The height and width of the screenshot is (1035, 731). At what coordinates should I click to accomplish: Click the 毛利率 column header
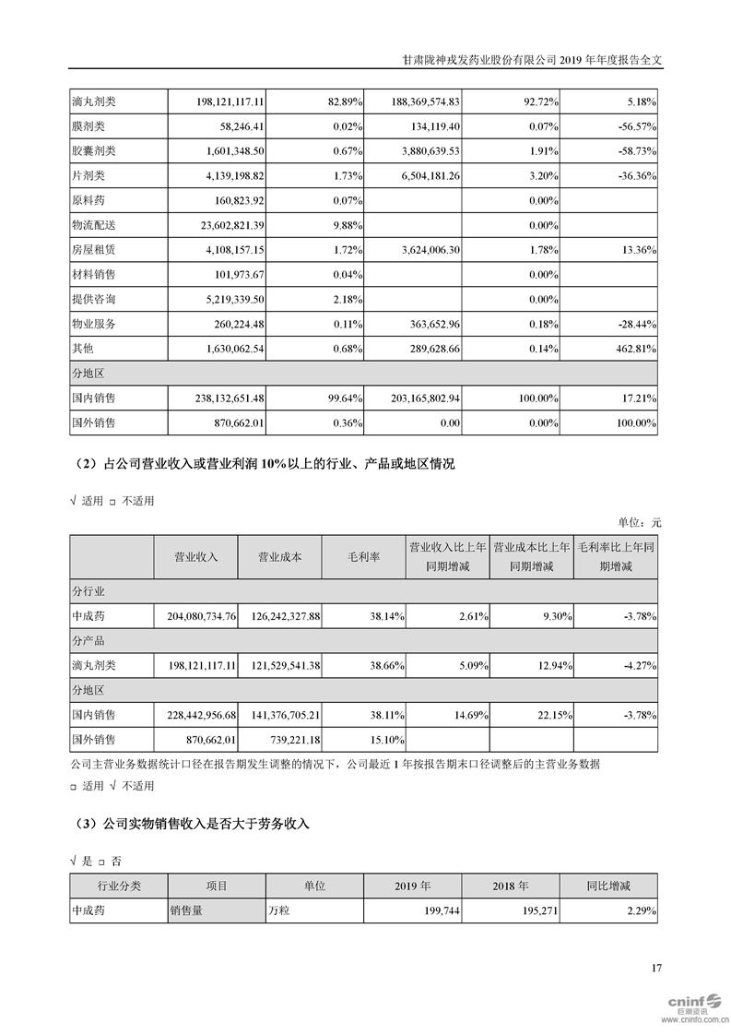coord(362,557)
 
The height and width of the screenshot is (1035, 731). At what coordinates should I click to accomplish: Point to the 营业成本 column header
coord(279,557)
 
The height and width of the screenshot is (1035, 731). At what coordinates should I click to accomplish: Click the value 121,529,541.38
coord(282,665)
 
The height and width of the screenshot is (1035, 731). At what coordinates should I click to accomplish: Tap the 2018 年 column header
coord(510,886)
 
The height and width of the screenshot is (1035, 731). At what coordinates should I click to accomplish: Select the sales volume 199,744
coord(440,910)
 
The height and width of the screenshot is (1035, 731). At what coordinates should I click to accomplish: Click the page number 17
coord(656,968)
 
